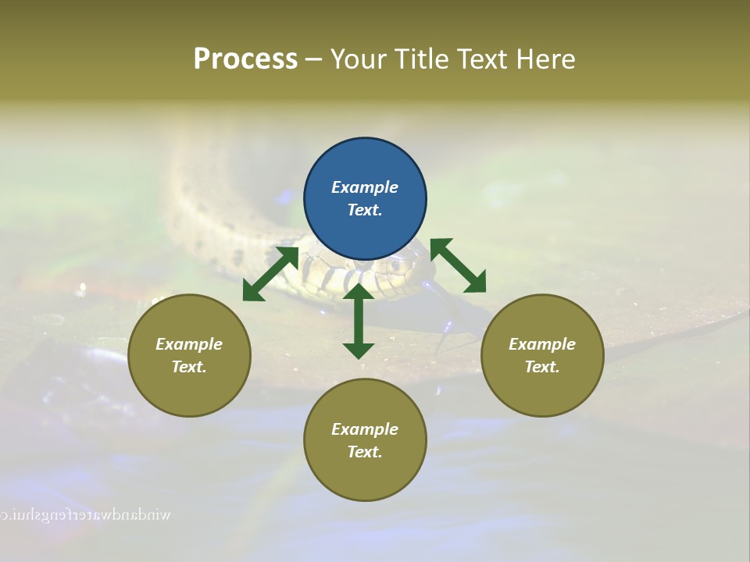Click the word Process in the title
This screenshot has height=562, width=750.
point(245,59)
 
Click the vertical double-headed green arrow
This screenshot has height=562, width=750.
point(359,321)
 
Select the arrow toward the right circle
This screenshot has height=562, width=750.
point(459,265)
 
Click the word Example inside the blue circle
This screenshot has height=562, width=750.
point(365,187)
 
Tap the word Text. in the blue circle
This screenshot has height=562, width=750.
point(365,210)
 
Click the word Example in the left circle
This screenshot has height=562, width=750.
point(189,344)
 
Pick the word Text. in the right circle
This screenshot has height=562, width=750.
point(542,367)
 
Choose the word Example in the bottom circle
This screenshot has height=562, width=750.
point(365,429)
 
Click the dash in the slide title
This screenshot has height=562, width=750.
point(313,59)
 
